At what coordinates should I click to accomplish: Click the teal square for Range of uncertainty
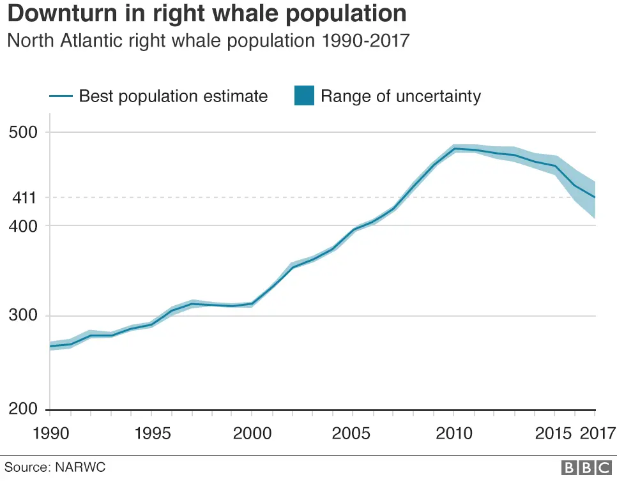[303, 96]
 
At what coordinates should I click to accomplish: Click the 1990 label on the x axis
[49, 434]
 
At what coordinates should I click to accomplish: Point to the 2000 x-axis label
[252, 434]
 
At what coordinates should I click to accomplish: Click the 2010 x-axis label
[453, 434]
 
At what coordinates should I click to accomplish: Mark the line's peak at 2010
[453, 149]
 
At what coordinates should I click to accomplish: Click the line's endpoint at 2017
[595, 197]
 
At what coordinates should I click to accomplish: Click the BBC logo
[586, 468]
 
